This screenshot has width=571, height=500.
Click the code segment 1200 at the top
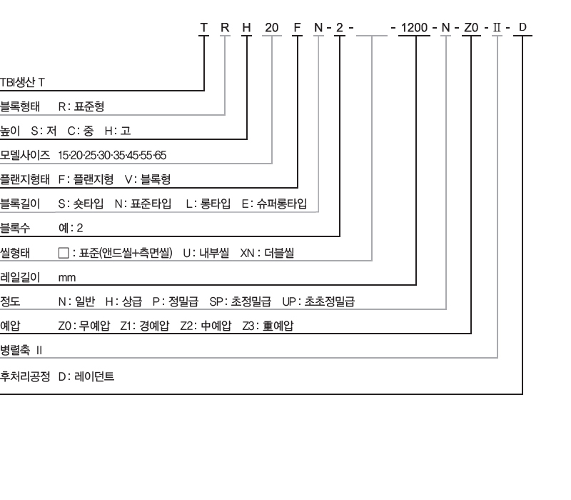[x=414, y=28]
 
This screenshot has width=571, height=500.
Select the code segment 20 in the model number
[x=272, y=28]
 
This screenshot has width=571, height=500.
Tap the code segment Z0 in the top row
[x=471, y=28]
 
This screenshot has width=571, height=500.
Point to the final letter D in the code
[x=522, y=27]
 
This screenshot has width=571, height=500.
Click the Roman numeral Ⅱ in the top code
[x=497, y=28]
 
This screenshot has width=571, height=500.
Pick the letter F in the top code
[x=297, y=28]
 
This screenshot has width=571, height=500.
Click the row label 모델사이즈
[x=25, y=155]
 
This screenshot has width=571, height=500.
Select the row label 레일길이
[x=20, y=277]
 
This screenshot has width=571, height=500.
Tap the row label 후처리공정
[x=25, y=376]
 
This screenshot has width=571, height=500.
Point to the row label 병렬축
[x=15, y=350]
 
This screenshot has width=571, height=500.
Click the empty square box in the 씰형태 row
[x=64, y=253]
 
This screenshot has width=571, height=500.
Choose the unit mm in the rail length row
[x=67, y=278]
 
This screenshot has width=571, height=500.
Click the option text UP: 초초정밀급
[x=318, y=301]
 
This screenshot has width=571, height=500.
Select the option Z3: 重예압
[x=268, y=326]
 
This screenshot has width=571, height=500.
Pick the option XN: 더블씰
[x=267, y=253]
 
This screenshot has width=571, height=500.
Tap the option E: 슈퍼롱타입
[x=274, y=204]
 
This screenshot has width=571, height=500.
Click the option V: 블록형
[x=148, y=179]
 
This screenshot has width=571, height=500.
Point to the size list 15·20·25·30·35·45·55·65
[x=112, y=156]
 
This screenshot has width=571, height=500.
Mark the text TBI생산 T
[x=22, y=82]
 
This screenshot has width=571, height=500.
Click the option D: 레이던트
[x=86, y=376]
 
